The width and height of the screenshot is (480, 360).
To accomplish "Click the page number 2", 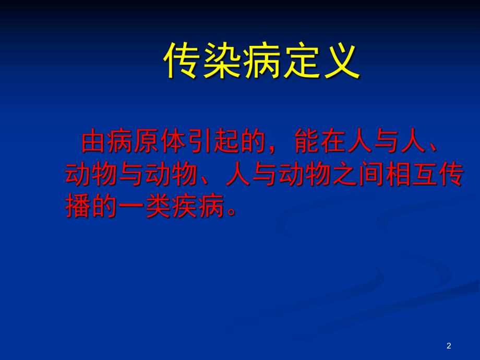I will (449, 346).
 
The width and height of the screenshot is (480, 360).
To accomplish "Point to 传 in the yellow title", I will (183, 61).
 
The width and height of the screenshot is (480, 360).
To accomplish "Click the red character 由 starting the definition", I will (94, 142).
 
